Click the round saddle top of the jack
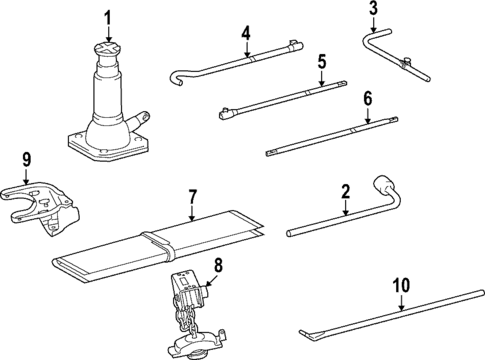click(x=107, y=51)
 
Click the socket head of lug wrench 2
click(x=383, y=187)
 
